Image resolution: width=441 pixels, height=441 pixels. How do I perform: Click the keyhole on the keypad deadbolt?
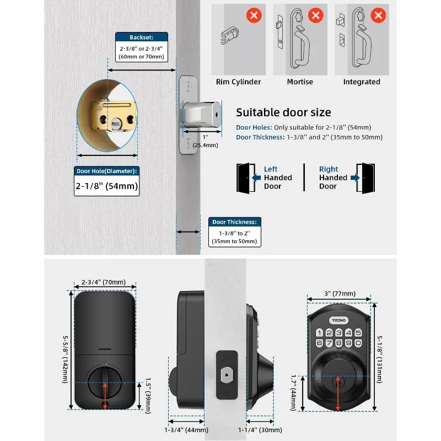[x=337, y=380]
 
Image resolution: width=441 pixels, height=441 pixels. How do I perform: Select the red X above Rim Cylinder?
[x=254, y=15]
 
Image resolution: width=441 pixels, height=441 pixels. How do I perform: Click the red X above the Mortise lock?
[x=316, y=15]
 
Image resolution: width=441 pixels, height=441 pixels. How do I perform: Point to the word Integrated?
[x=362, y=82]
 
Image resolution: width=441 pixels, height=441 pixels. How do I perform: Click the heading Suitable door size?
[x=283, y=112]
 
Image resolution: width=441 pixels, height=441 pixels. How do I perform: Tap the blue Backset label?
[x=141, y=37]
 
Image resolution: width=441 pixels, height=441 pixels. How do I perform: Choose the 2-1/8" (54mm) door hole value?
[x=106, y=186]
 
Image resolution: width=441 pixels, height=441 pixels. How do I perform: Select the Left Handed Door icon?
[x=243, y=178]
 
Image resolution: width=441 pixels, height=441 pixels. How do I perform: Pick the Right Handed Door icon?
[x=365, y=178]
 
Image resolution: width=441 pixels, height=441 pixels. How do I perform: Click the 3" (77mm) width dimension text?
[x=339, y=292]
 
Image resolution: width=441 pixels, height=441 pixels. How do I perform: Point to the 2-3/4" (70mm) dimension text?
[x=104, y=282]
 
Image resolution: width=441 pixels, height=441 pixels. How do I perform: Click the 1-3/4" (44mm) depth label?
[x=186, y=430]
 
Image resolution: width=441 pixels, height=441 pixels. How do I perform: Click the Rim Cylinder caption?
[x=238, y=82]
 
